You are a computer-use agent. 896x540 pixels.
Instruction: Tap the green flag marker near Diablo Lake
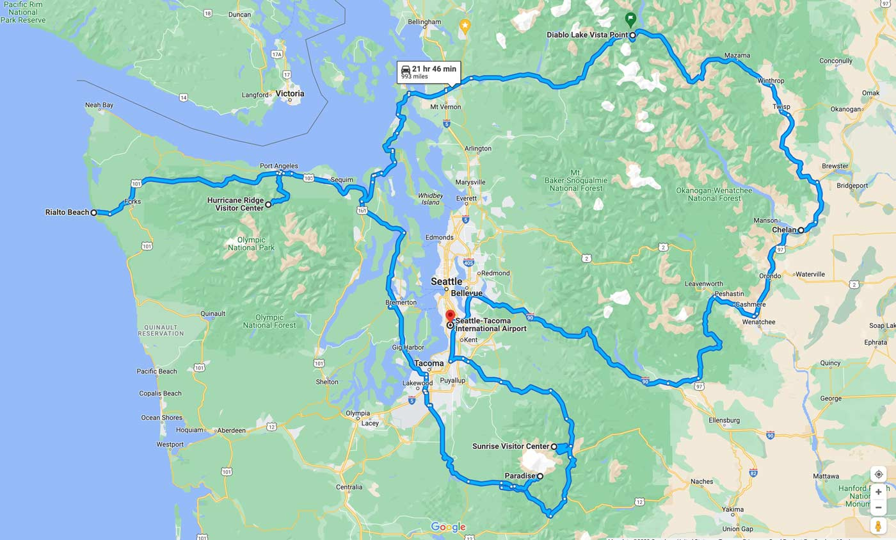click(630, 18)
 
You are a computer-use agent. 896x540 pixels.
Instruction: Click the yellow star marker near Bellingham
click(465, 26)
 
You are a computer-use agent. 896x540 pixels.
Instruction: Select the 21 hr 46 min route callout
click(429, 72)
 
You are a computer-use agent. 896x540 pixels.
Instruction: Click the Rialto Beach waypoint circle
click(93, 212)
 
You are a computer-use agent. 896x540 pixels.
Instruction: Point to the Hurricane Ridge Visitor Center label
click(235, 204)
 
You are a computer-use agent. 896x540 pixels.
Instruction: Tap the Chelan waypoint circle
click(801, 230)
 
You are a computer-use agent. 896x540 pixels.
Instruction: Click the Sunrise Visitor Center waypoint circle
click(554, 446)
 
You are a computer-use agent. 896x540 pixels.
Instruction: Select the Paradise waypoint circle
click(540, 476)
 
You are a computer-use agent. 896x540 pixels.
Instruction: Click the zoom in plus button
click(878, 492)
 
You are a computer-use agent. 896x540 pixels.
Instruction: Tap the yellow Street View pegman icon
click(878, 526)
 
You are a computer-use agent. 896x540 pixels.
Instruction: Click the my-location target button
click(878, 474)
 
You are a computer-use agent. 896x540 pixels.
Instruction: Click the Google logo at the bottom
click(448, 527)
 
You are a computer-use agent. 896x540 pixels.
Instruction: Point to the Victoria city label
click(289, 94)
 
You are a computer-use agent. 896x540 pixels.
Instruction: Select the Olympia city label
click(357, 413)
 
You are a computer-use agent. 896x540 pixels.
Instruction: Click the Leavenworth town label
click(703, 284)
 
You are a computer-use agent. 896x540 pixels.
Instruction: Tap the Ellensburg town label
click(724, 420)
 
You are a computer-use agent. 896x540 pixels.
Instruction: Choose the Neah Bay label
click(99, 105)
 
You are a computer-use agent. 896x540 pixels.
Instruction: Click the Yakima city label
click(732, 510)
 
